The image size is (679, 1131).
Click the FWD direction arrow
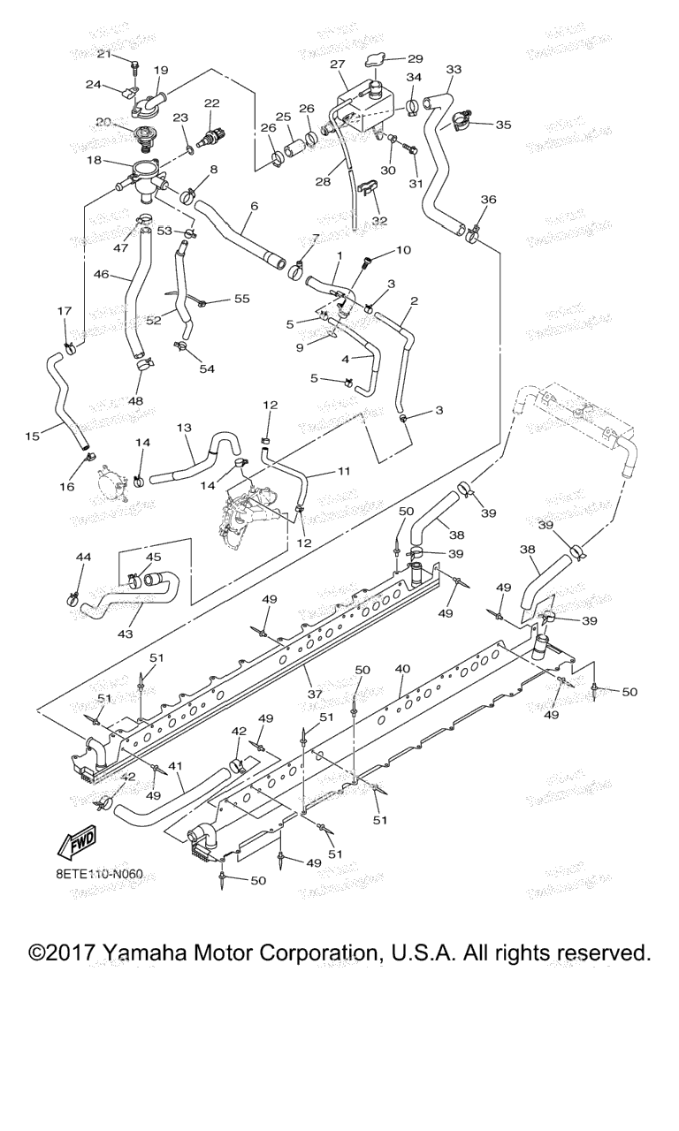pyautogui.click(x=76, y=843)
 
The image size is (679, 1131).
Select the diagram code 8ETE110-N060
pyautogui.click(x=97, y=874)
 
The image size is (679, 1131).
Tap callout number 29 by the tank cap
pyautogui.click(x=415, y=58)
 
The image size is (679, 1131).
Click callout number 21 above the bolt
pyautogui.click(x=104, y=55)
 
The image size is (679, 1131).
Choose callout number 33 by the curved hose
pyautogui.click(x=454, y=69)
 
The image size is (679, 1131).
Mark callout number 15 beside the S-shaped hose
pyautogui.click(x=33, y=436)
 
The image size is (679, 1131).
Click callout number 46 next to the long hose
pyautogui.click(x=102, y=276)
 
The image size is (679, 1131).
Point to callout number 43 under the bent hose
pyautogui.click(x=125, y=634)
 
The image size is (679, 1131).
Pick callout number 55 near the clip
pyautogui.click(x=241, y=300)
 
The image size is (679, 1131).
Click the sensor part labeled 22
pyautogui.click(x=211, y=136)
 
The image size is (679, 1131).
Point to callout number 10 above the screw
pyautogui.click(x=403, y=250)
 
